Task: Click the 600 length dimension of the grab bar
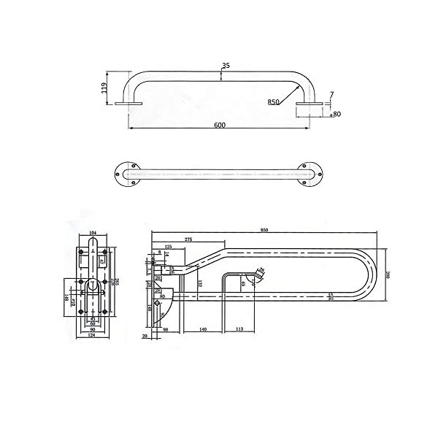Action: [219, 125]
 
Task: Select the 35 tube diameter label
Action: [226, 66]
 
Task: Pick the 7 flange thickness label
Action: [332, 94]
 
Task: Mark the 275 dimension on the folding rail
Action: [188, 239]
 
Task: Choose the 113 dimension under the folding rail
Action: [240, 331]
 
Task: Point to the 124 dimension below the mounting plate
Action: [92, 337]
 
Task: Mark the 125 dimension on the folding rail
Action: [169, 247]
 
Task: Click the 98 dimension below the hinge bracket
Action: [166, 331]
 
